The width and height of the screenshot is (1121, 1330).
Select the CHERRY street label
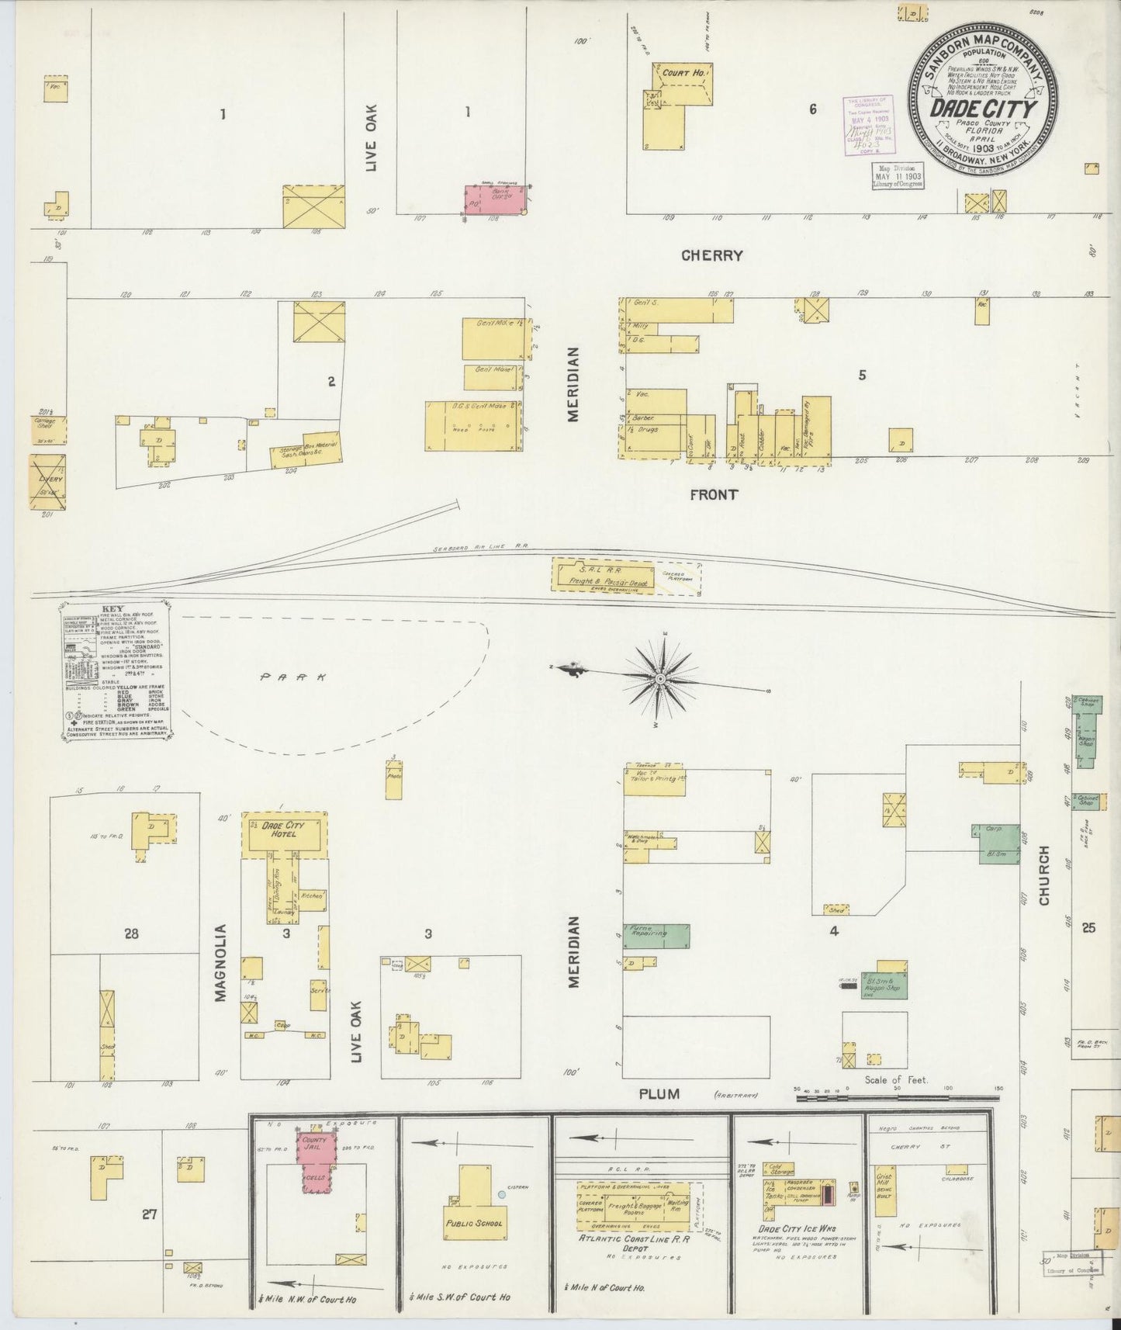(x=712, y=255)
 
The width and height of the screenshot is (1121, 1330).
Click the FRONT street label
(x=714, y=494)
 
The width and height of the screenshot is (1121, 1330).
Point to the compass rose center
(x=659, y=680)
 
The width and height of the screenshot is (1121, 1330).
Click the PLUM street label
(x=659, y=1094)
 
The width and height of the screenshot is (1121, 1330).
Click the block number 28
(x=130, y=933)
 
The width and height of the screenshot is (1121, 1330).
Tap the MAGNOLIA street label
(x=220, y=962)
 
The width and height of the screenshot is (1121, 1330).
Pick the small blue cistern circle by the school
(x=502, y=1196)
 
